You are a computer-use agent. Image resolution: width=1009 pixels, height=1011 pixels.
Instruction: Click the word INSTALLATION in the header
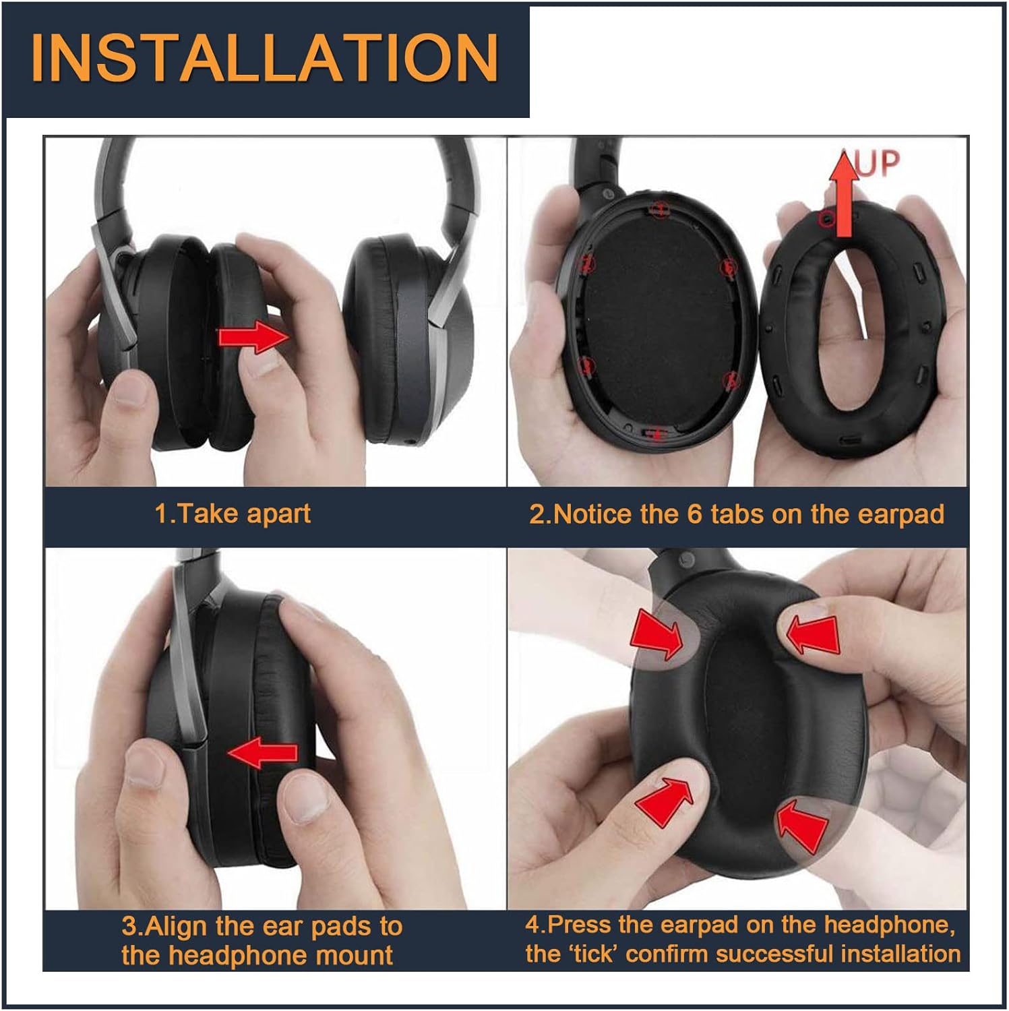[264, 58]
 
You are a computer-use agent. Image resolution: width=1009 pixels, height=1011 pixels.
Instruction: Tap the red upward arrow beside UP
[843, 195]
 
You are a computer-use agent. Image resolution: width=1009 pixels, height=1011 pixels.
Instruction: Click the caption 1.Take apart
[233, 514]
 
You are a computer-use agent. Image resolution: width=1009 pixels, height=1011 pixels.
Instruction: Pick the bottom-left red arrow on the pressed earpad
[664, 800]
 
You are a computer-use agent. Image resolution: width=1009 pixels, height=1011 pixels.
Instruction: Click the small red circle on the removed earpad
[824, 220]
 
